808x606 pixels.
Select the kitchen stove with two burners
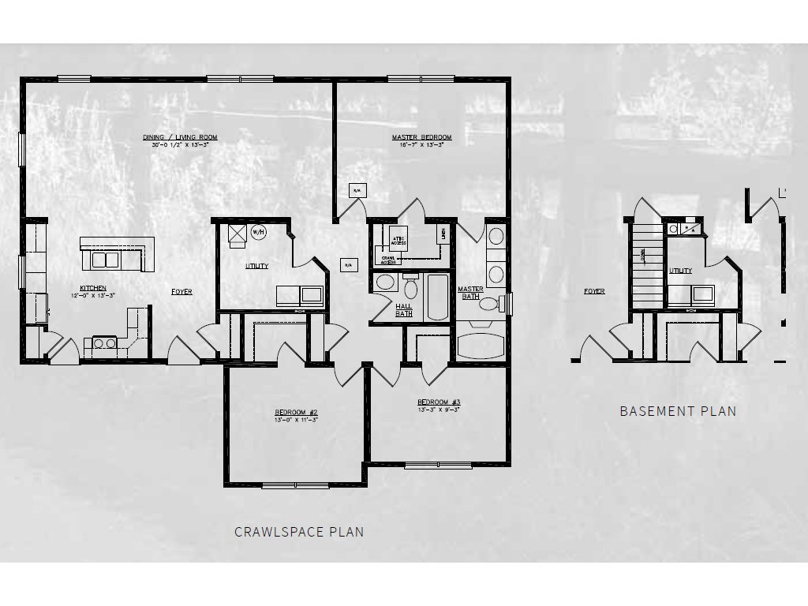105,342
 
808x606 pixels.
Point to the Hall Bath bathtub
436,297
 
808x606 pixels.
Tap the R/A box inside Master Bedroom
356,191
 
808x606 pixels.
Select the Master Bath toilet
488,304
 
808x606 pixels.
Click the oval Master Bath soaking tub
481,346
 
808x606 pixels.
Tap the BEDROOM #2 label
296,412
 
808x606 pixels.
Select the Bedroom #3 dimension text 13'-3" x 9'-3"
438,410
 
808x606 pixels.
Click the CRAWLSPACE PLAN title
299,532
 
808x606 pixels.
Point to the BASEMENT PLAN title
677,411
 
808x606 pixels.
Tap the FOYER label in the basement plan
594,291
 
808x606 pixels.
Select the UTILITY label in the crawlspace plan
256,266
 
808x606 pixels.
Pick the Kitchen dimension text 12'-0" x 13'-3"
92,295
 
